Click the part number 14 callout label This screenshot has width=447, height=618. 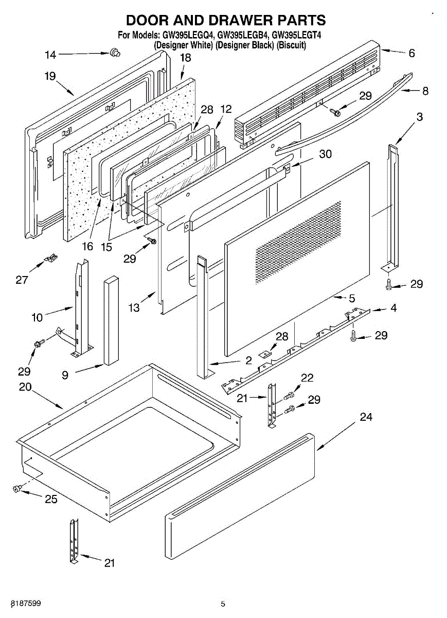[50, 55]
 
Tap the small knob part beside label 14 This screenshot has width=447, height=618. [115, 52]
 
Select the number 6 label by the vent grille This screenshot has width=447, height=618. [412, 53]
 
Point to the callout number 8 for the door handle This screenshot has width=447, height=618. [425, 91]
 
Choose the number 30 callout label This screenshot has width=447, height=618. [325, 154]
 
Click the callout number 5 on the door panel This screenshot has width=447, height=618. [352, 298]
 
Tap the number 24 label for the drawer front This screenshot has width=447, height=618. [366, 417]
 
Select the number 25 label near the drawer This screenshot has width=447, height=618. [51, 499]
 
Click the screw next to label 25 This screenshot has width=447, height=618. [17, 488]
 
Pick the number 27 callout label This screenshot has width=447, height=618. [22, 280]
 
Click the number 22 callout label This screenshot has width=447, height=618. [307, 378]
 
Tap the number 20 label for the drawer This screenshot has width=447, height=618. [25, 387]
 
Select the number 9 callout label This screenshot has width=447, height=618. [65, 375]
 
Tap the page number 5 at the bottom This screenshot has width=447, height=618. [223, 604]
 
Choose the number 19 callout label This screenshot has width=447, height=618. [50, 77]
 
